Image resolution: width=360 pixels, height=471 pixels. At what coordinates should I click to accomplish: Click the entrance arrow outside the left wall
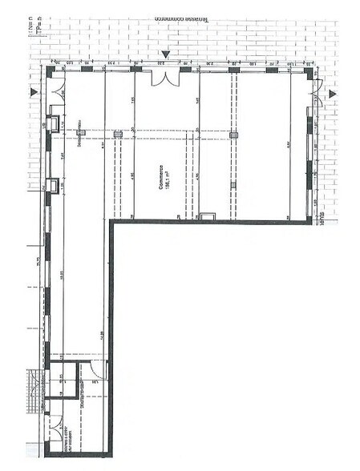[33, 94]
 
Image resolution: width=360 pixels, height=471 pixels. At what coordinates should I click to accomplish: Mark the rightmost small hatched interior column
[234, 135]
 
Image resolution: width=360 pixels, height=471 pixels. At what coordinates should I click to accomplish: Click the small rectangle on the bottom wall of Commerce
[207, 216]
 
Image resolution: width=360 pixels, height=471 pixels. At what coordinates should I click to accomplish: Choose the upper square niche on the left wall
[54, 123]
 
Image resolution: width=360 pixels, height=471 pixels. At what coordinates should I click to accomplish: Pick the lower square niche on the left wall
[54, 185]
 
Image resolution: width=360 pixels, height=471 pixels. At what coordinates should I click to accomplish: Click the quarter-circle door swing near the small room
[96, 370]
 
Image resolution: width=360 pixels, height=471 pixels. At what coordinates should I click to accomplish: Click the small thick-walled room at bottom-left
[63, 384]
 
